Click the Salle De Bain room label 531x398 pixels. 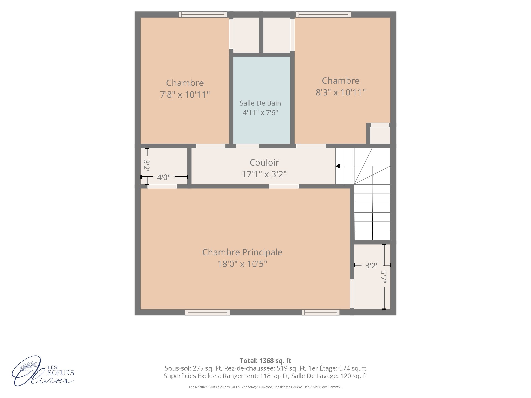tap(260, 103)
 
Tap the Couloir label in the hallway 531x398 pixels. tap(264, 163)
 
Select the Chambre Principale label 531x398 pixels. tap(242, 252)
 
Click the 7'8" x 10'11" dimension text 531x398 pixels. tap(185, 95)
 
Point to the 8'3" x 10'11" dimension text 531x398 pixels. tap(341, 92)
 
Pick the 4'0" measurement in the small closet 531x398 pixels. tap(164, 177)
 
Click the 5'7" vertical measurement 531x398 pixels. tap(384, 277)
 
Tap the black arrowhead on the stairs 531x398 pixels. tap(338, 166)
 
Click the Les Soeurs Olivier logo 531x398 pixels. tap(43, 371)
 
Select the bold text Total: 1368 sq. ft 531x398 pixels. tap(265, 361)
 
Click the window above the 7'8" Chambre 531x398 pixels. tap(203, 14)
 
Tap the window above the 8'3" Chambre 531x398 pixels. tap(324, 14)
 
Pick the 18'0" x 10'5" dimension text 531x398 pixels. tap(242, 264)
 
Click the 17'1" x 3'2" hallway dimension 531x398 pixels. tap(264, 174)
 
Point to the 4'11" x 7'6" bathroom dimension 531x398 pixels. tap(260, 112)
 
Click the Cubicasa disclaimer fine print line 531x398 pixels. tap(265, 387)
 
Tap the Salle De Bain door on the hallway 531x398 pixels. tap(248, 146)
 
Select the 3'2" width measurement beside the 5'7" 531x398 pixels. tap(372, 266)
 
